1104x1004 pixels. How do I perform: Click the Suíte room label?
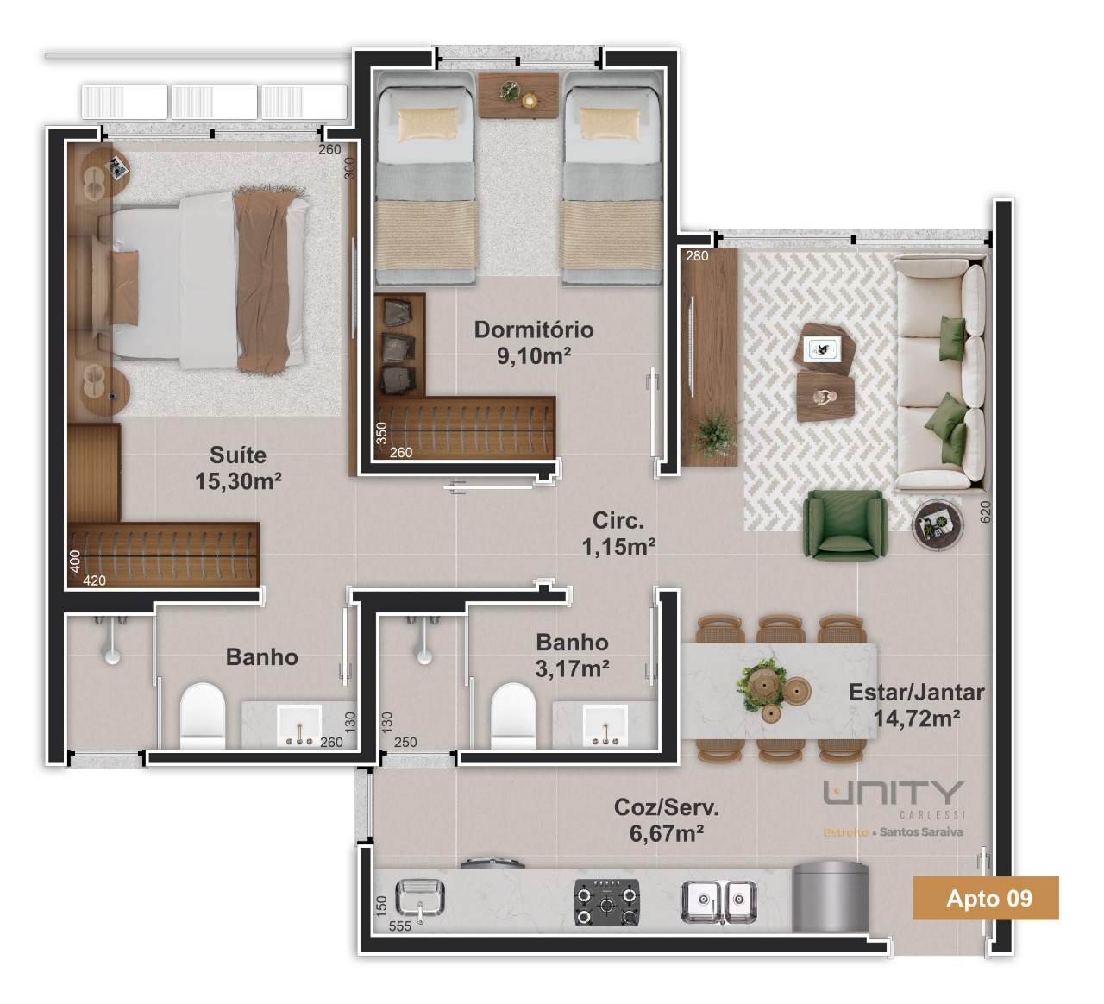(x=238, y=467)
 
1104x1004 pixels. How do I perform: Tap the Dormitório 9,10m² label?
(x=534, y=342)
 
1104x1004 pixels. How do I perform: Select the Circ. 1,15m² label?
(x=618, y=533)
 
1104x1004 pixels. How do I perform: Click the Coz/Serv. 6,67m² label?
(x=667, y=820)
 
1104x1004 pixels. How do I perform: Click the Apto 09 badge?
(x=986, y=898)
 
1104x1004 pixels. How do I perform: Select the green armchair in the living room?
(x=844, y=525)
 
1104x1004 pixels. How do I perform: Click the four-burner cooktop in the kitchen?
(x=607, y=902)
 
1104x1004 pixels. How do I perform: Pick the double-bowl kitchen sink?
(x=719, y=902)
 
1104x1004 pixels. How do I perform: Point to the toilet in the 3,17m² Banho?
(x=513, y=716)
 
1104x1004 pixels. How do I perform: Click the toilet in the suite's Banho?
(x=203, y=716)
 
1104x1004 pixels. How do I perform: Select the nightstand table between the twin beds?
(x=517, y=96)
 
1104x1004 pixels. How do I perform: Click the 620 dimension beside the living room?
(x=985, y=511)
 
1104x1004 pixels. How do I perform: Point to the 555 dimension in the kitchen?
(x=400, y=926)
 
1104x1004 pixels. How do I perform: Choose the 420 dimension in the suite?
(x=94, y=580)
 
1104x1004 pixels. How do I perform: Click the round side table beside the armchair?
(x=938, y=524)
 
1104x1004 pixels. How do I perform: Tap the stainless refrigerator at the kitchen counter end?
(x=831, y=897)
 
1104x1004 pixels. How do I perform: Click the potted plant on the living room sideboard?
(x=714, y=435)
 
